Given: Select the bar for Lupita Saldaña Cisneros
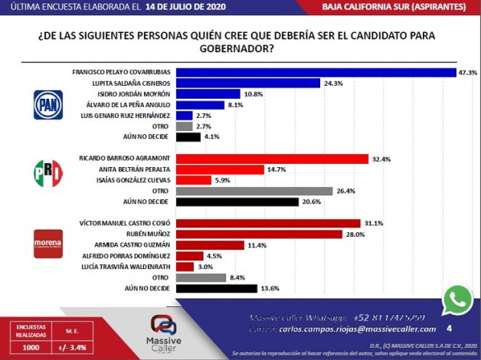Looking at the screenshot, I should click(247, 83).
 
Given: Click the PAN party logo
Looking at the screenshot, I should click(47, 105).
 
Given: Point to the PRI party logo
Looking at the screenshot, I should click(47, 173).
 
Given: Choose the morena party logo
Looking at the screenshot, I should click(47, 243).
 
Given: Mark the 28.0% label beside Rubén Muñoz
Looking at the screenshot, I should click(368, 234).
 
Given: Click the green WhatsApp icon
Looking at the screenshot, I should click(458, 300).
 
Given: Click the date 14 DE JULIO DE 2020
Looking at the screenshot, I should click(186, 7).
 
